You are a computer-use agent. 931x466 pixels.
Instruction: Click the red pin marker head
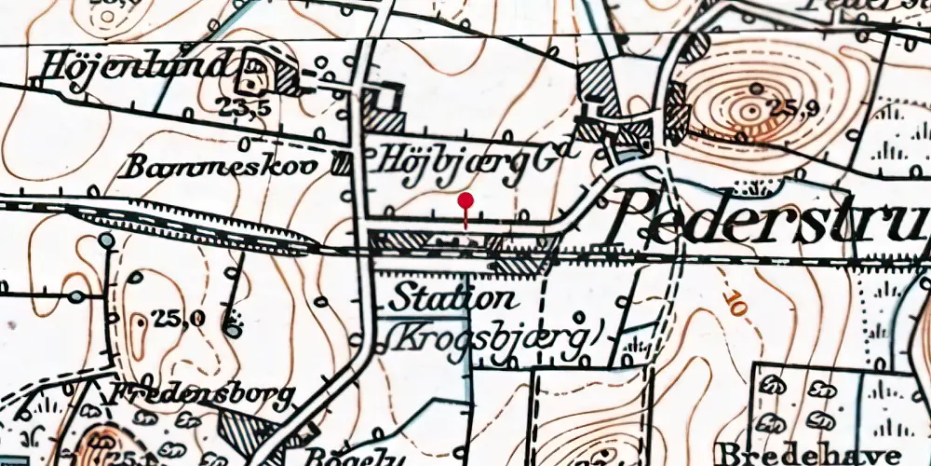(465, 200)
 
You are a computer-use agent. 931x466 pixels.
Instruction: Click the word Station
(452, 299)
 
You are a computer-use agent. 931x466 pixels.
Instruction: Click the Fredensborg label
(203, 394)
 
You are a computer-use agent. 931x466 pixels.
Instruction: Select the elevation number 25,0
(180, 319)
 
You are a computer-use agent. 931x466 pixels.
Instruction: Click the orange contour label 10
(735, 305)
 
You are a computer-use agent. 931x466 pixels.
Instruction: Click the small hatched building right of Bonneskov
(343, 165)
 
